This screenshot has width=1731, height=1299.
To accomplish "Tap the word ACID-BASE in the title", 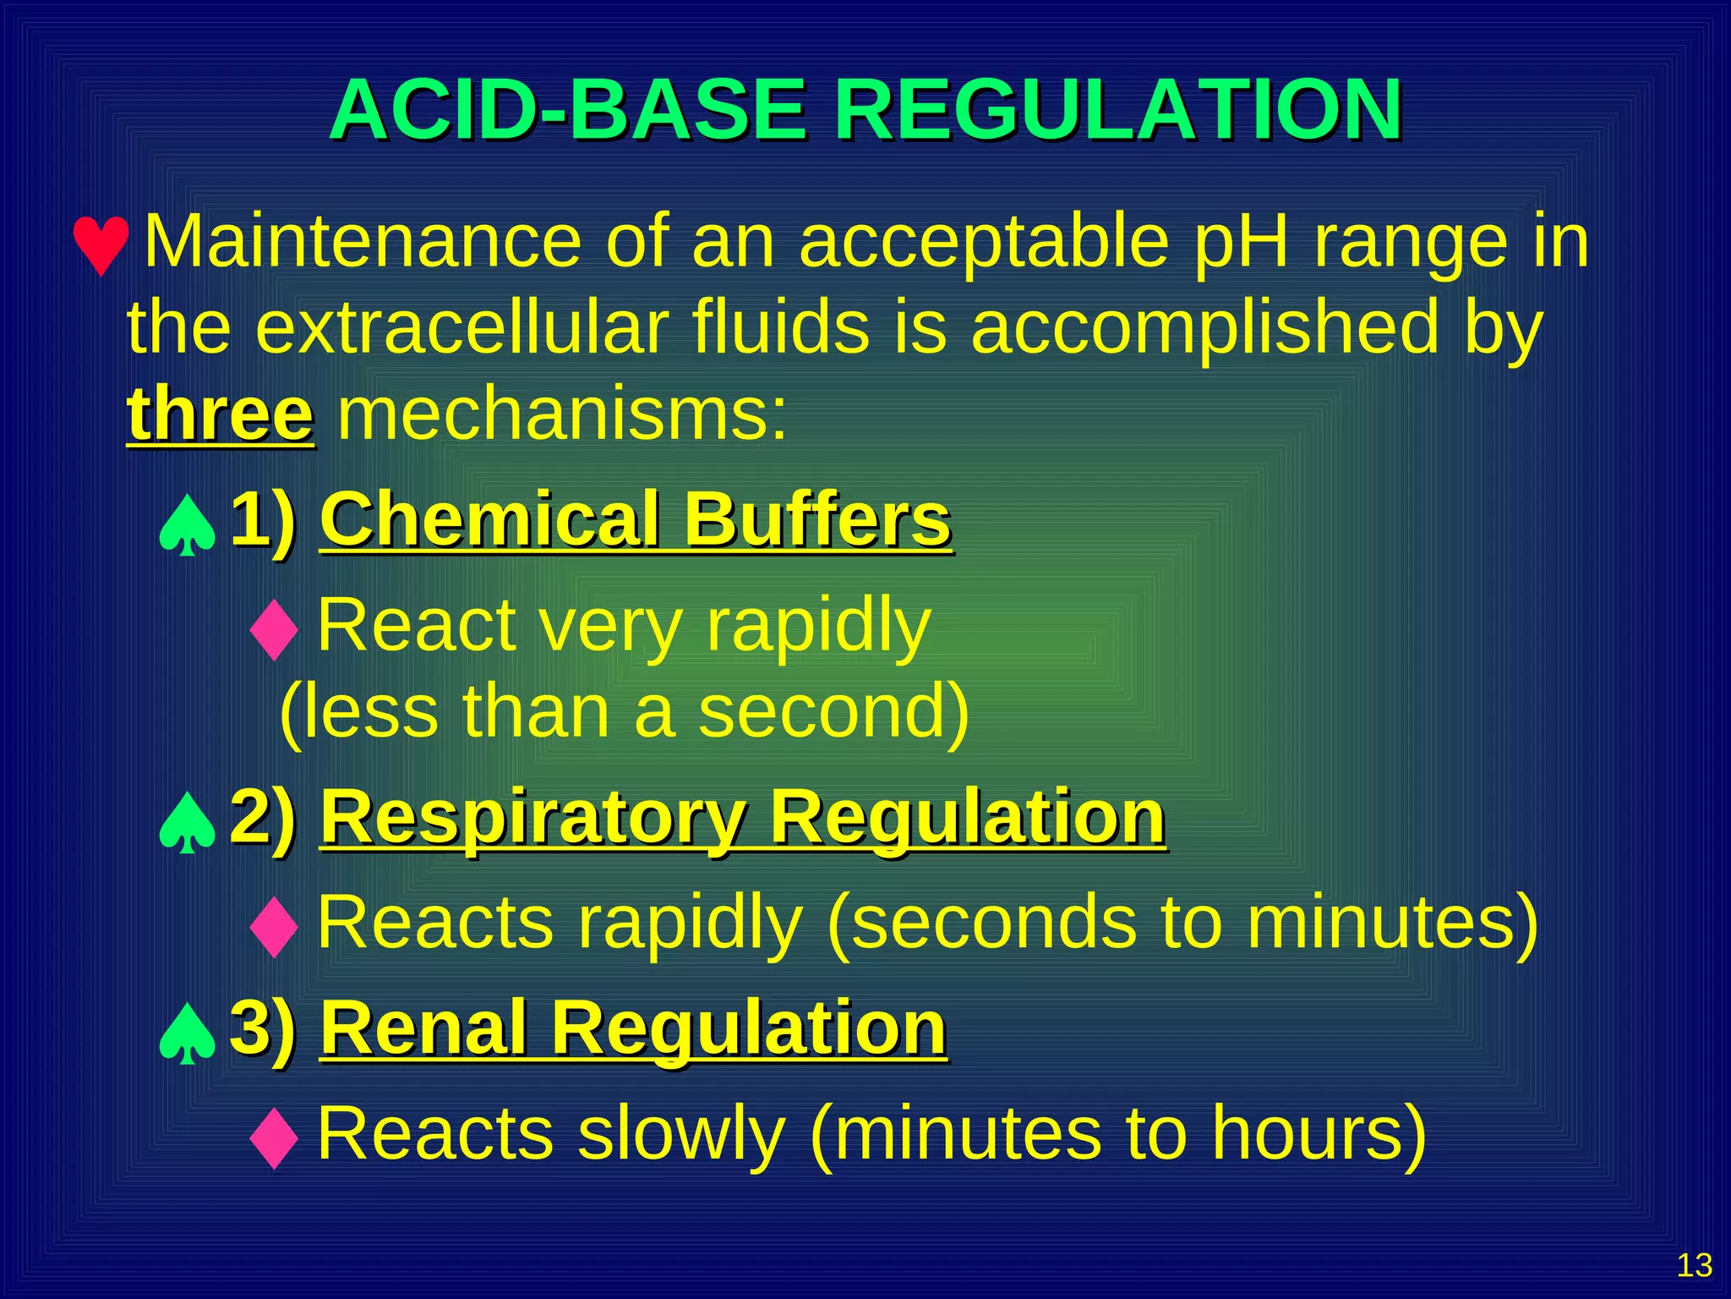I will pos(568,111).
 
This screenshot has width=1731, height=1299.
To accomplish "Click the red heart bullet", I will pos(101,245).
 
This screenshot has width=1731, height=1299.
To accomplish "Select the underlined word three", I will pos(221,415).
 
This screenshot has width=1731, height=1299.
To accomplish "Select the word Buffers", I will pos(817,520).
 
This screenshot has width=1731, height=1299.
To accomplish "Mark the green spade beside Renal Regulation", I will pos(187,1033).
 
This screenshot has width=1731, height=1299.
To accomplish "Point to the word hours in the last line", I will pos(1306,1134).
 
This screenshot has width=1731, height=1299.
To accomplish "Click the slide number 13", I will pos(1694,1266).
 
